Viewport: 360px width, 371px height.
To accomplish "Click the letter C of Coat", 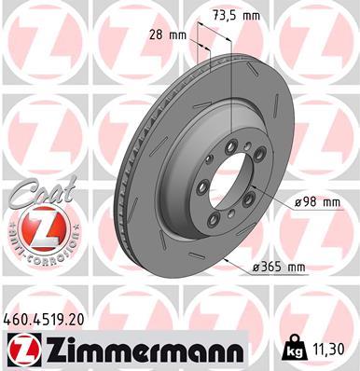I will click(x=21, y=194).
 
